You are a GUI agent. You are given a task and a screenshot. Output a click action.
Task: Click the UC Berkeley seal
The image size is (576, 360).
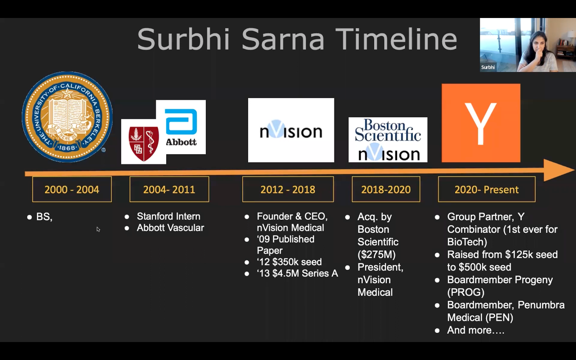67,117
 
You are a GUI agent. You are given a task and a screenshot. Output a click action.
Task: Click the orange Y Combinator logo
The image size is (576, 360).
481,123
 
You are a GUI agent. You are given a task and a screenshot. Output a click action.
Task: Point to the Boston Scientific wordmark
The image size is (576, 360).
388,130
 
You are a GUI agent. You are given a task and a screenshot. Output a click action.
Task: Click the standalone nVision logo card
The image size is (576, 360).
291,130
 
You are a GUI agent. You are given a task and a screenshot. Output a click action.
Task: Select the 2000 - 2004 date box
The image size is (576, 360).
72,189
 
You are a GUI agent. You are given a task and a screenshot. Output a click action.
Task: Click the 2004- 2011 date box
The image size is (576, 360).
169,189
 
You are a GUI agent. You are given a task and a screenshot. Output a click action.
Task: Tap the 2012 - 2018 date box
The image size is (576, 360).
288,189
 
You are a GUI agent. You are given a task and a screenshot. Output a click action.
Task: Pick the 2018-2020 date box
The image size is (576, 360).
386,189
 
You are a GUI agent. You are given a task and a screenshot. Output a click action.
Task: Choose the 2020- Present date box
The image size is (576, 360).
487,189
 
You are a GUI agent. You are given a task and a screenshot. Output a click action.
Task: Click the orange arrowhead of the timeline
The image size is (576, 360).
558,170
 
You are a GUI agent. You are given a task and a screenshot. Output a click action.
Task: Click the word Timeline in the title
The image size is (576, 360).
396,39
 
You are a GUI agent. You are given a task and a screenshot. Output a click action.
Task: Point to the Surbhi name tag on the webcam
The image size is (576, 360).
488,67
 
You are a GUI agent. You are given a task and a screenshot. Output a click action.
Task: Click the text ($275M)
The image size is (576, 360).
377,255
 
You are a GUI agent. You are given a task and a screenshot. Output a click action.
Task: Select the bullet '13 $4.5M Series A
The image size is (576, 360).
297,273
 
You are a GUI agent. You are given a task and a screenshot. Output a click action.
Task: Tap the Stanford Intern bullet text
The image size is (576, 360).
168,216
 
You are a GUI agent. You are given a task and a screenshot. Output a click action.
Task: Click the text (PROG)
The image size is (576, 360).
466,292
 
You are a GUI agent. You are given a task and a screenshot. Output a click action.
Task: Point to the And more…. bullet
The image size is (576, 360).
476,330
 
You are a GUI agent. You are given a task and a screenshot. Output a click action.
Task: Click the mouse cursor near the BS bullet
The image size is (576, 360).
98,229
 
